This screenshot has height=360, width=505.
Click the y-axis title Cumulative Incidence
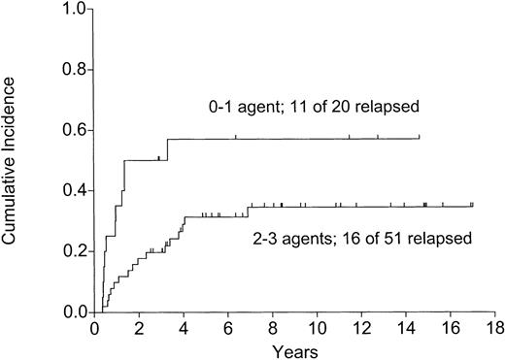coord(13,159)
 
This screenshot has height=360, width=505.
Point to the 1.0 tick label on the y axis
coord(73,9)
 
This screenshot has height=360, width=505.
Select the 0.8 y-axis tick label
coord(73,70)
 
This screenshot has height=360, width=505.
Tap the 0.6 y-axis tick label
coord(73,131)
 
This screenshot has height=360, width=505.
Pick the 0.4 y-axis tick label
coord(73,191)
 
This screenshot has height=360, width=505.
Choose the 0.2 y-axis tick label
coord(73,252)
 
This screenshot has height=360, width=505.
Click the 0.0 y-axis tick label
coord(73,312)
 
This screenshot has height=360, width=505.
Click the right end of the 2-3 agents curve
coord(472,206)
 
